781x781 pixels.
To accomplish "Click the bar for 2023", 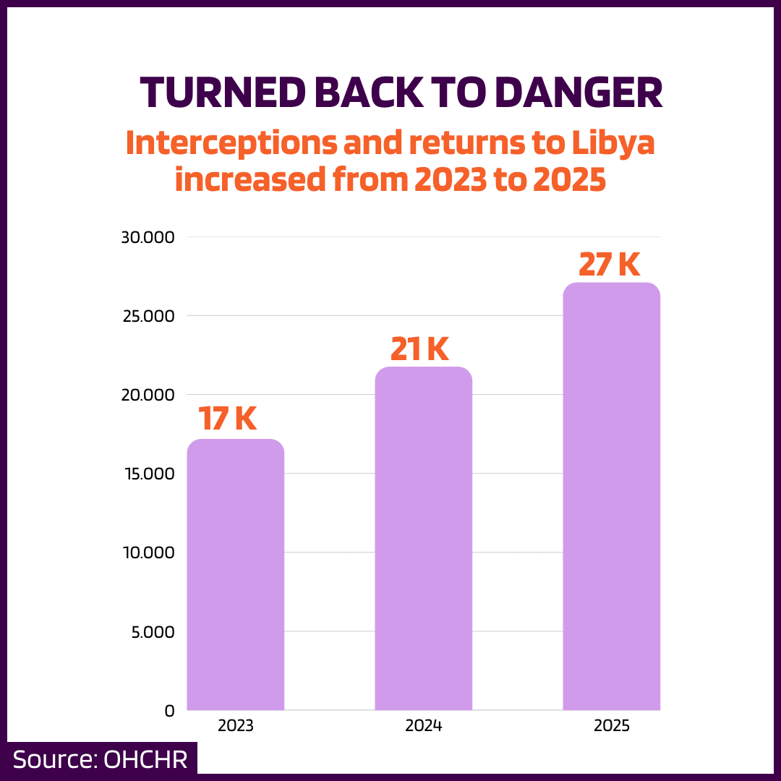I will (236, 575).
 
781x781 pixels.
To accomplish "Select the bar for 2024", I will (423, 539).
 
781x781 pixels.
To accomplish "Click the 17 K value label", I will (228, 419).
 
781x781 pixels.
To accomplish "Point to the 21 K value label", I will (419, 349).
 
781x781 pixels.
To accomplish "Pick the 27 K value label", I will (609, 265).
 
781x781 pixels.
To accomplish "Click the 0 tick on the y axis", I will (169, 711).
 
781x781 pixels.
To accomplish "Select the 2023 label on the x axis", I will (236, 726).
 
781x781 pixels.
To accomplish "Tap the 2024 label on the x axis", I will (424, 726).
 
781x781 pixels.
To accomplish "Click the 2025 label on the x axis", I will (612, 726).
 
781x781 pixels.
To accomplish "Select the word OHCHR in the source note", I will (146, 760).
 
